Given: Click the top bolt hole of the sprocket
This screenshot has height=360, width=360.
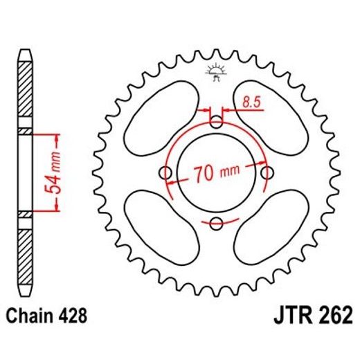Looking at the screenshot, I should click(217, 123).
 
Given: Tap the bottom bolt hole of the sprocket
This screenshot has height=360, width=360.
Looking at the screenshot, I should click(217, 222).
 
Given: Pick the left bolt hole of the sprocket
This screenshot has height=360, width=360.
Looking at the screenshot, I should click(166, 172).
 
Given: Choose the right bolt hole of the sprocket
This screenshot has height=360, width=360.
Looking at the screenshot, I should click(267, 172).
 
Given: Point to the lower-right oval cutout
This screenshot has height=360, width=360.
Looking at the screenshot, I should click(270, 227).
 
